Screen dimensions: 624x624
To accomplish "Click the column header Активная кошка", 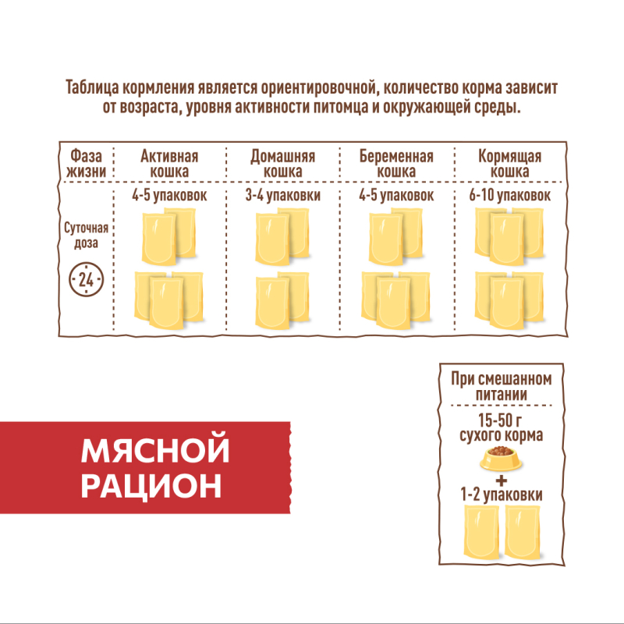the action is click(169, 164).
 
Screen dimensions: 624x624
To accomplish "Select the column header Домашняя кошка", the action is click(283, 164).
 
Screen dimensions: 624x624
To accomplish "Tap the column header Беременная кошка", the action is click(396, 164).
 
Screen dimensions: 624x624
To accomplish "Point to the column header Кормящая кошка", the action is click(510, 164).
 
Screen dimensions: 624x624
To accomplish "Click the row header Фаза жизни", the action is click(86, 164).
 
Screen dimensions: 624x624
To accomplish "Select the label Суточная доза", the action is click(86, 236).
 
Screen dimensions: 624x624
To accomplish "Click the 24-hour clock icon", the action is click(86, 279).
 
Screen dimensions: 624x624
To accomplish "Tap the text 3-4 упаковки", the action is click(283, 196).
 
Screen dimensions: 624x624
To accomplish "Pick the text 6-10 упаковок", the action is click(510, 196).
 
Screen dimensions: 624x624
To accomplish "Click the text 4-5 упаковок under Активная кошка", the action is click(169, 196).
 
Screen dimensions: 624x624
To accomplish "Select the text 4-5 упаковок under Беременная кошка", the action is click(396, 196).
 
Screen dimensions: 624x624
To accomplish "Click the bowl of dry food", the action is click(501, 459).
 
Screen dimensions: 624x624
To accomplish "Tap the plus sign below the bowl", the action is click(502, 480).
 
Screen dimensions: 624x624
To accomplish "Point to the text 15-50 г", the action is click(500, 420).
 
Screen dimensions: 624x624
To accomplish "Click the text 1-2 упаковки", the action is click(502, 495).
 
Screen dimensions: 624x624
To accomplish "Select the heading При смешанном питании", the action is click(502, 386).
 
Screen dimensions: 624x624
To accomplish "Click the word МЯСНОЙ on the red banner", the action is click(155, 451).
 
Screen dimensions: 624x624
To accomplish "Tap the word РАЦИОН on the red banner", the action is click(151, 486).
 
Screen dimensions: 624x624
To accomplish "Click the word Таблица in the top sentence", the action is click(92, 88).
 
